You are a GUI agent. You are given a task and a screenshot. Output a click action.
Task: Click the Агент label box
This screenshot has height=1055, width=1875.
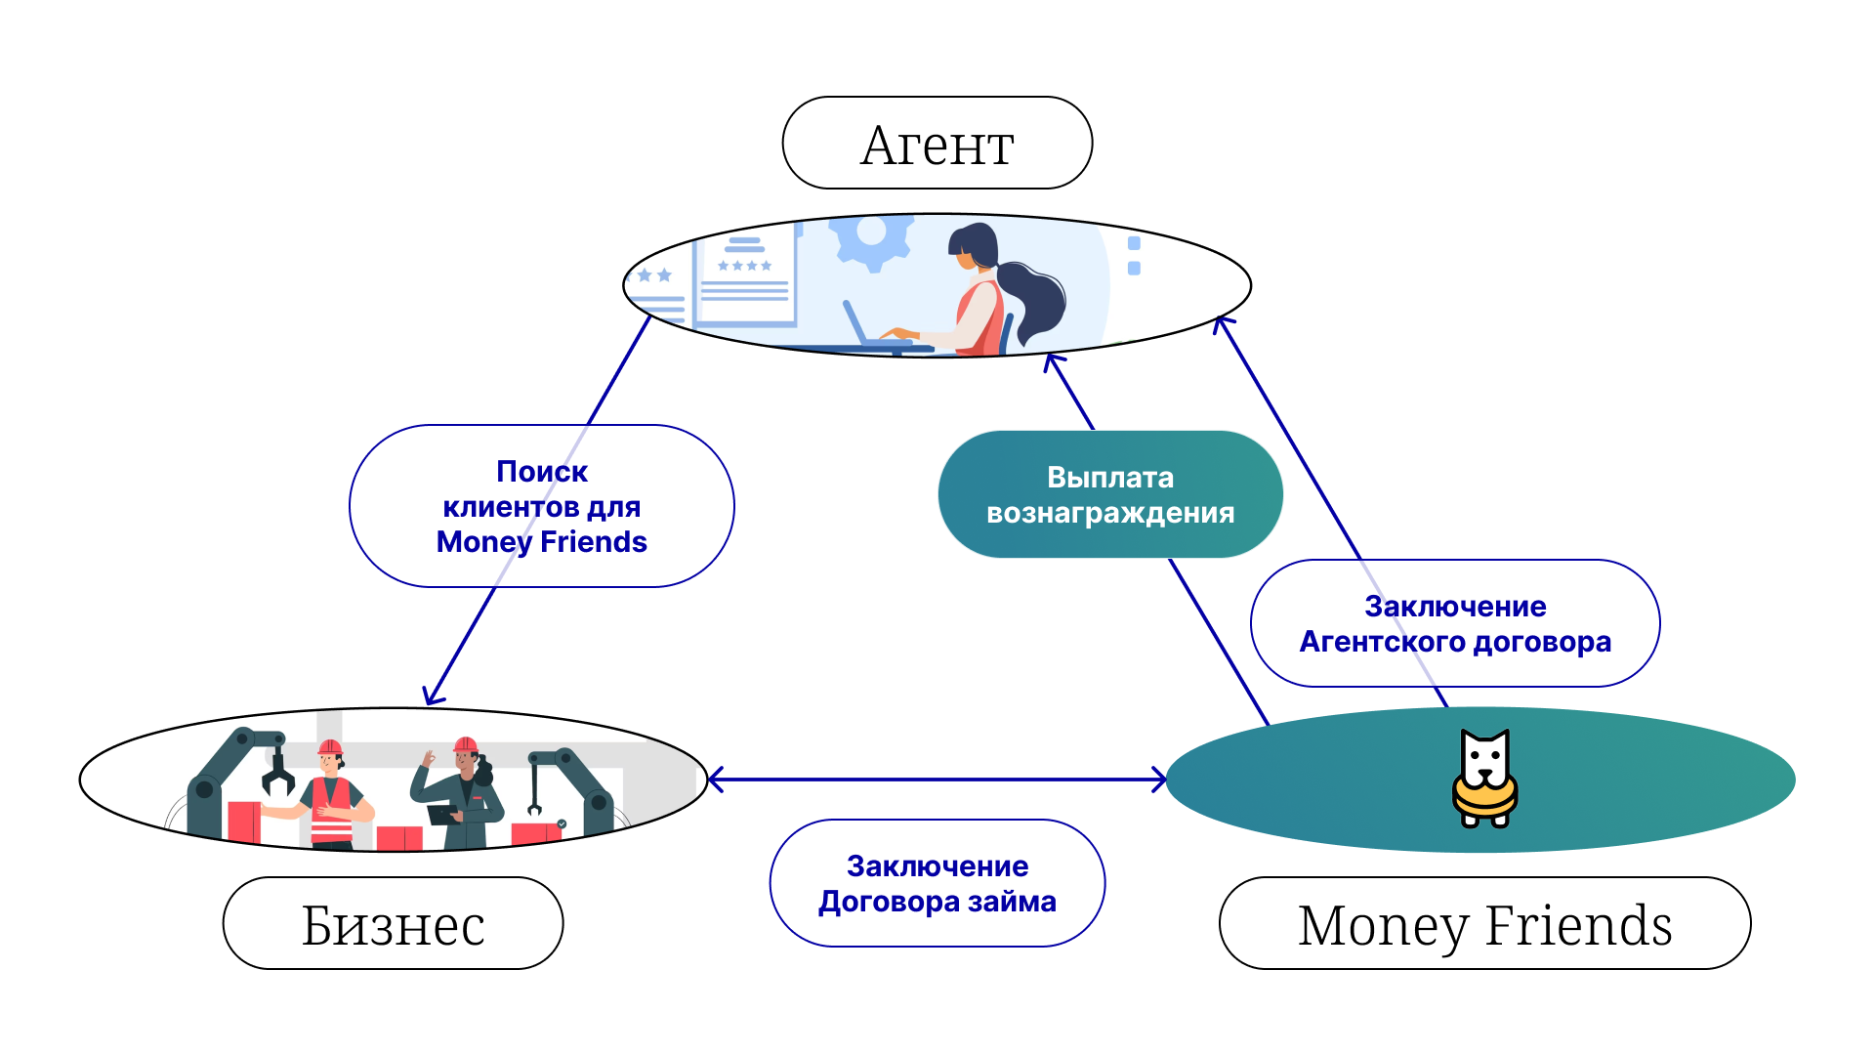tap(937, 144)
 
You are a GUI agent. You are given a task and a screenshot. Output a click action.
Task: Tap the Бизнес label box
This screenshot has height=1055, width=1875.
tap(393, 923)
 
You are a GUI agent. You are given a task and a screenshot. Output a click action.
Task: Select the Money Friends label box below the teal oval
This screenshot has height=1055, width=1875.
tap(1484, 923)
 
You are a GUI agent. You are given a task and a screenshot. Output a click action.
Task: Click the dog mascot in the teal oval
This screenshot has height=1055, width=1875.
tap(1484, 779)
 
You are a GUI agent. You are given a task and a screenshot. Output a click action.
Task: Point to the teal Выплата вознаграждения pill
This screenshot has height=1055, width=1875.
tap(1110, 494)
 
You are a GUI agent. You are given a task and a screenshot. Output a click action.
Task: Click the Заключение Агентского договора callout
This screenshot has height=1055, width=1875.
tap(1455, 623)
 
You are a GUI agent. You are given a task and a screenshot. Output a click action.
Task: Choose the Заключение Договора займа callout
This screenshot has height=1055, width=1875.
tap(937, 883)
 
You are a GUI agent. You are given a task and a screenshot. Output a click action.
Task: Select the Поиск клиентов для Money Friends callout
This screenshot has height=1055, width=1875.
tap(541, 506)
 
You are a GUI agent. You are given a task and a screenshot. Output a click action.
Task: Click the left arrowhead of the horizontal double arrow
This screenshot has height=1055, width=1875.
tap(715, 780)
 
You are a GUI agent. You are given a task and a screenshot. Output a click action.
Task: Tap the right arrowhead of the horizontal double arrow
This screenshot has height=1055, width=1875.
tap(1159, 780)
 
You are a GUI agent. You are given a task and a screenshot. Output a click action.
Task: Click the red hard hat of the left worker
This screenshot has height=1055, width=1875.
tap(330, 748)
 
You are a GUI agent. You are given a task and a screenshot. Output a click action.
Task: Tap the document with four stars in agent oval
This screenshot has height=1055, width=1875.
tap(744, 278)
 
